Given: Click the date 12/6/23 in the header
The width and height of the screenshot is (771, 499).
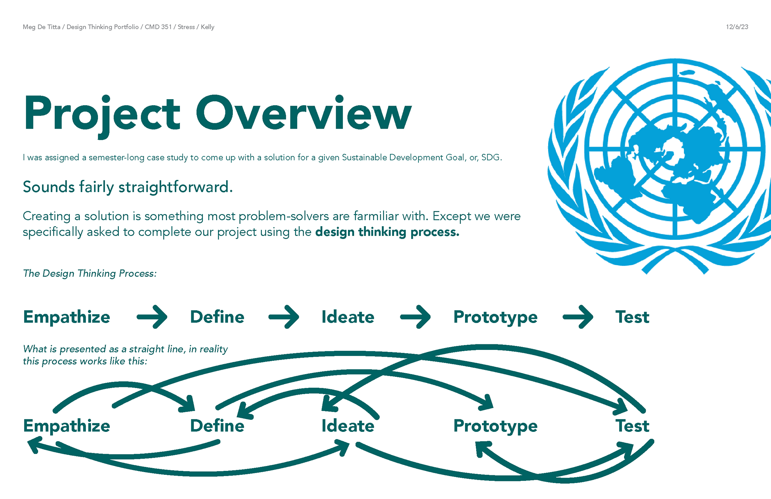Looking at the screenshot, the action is [x=737, y=27].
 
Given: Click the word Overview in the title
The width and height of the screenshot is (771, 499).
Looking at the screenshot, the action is [x=304, y=113].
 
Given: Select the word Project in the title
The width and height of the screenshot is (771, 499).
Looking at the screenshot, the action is [x=102, y=113].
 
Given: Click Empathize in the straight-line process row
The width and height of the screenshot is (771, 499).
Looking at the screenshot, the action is [x=67, y=317].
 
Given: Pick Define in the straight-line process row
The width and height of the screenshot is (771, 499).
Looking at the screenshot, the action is [x=217, y=317].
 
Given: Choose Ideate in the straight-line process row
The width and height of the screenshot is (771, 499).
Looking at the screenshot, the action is [x=348, y=317].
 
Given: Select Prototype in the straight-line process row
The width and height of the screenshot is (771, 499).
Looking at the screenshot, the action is [x=496, y=317].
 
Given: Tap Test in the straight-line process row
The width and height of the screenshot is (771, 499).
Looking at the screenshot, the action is [x=632, y=317].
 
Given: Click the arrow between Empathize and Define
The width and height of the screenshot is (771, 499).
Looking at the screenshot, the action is [x=152, y=317].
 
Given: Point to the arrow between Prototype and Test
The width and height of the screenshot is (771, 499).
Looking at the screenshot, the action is [x=578, y=317].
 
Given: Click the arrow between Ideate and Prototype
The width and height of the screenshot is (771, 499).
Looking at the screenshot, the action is [x=415, y=317].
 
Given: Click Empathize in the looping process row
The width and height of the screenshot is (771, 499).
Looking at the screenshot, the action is [x=67, y=426].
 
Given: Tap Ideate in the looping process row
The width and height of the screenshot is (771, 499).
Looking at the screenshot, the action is [x=348, y=426].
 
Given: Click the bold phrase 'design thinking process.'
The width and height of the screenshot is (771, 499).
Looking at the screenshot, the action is [x=387, y=232].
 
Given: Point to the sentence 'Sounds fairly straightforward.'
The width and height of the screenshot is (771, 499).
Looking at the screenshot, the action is [x=128, y=187].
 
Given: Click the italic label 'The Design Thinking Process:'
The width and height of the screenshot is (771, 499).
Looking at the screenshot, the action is [x=90, y=273].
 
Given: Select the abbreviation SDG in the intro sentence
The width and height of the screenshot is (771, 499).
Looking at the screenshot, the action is [x=491, y=157].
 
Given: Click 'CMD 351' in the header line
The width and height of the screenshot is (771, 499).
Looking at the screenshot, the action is [x=158, y=27].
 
